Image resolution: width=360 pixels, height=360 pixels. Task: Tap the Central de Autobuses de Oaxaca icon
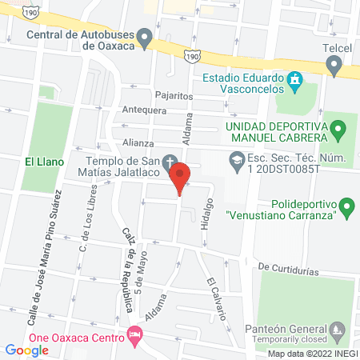tap(145, 36)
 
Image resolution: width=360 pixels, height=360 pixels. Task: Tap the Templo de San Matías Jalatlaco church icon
tap(170, 160)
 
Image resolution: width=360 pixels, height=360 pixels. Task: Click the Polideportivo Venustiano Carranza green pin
tap(346, 209)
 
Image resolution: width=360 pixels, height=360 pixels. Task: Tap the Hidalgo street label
tap(210, 217)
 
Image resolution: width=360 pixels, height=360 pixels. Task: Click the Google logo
tap(26, 350)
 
